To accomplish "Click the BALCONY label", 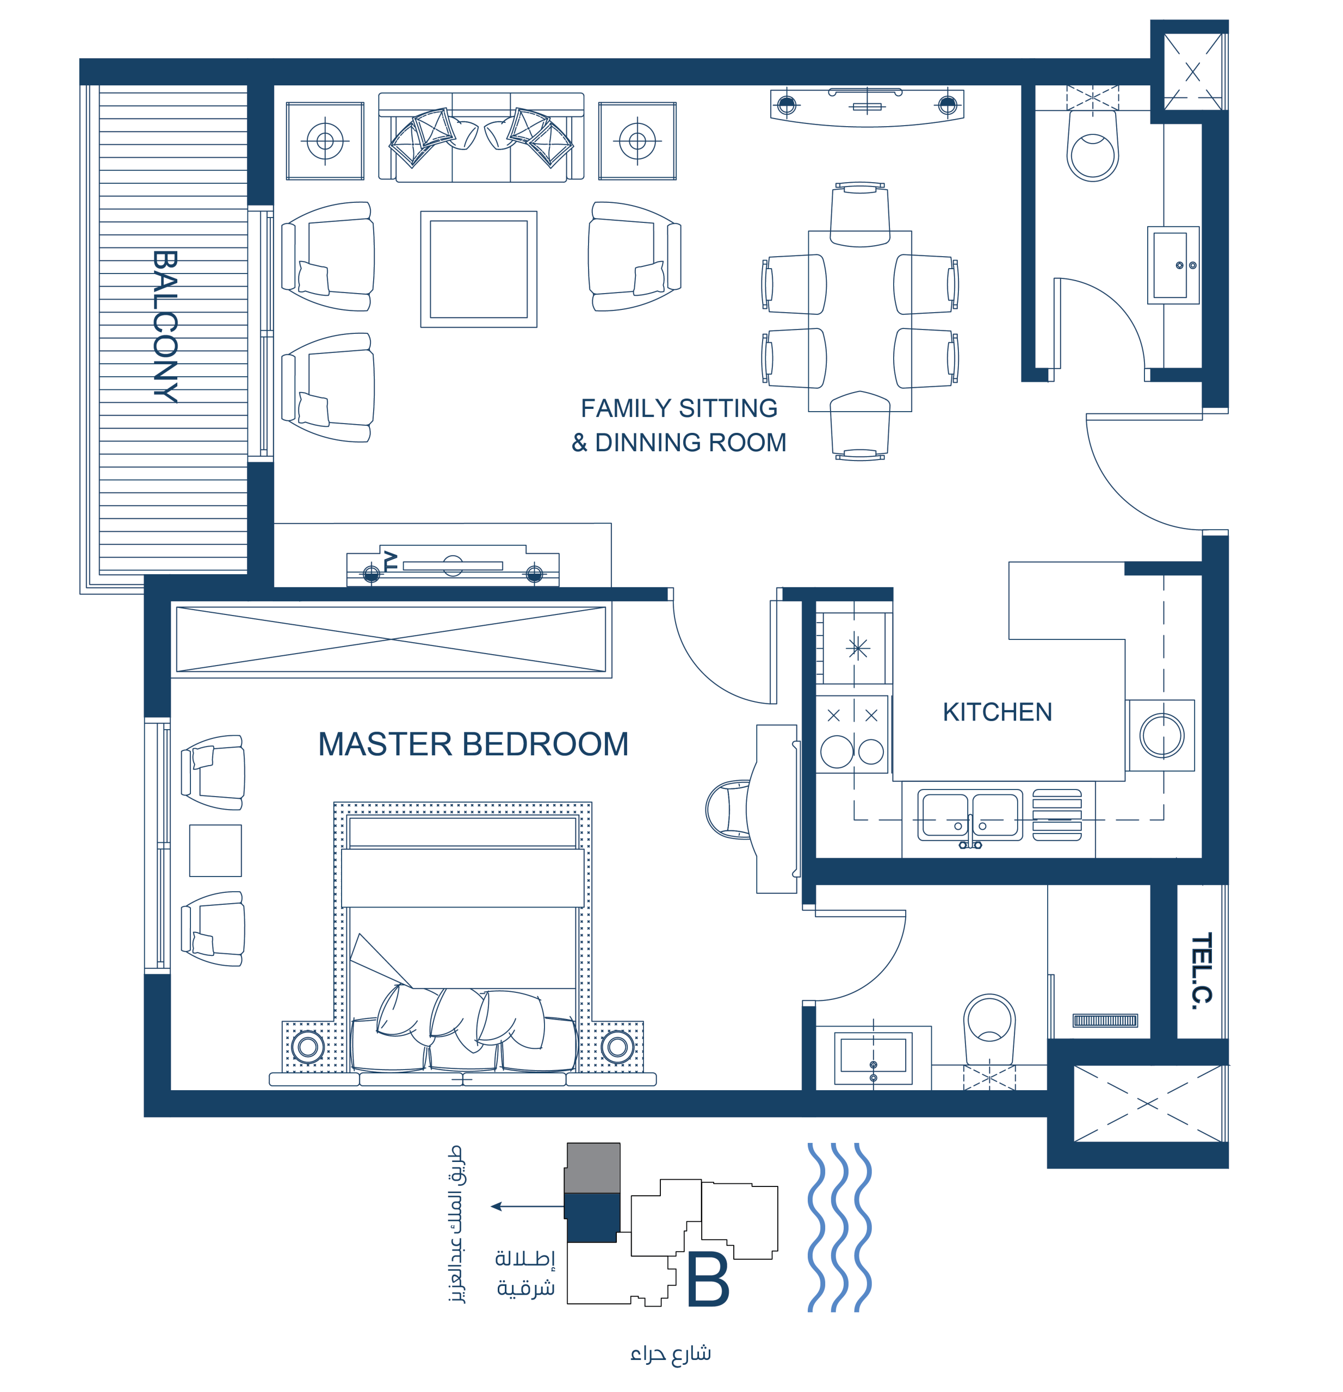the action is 165,327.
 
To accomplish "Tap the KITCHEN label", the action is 997,712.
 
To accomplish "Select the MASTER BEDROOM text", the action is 473,744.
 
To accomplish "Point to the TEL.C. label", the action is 1201,971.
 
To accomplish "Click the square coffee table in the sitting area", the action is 478,269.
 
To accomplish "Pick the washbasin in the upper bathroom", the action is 1173,265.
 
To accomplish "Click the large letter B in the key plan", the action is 708,1278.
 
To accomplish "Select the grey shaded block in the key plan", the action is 592,1167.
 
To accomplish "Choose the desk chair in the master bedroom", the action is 728,810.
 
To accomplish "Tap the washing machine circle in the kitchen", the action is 1162,735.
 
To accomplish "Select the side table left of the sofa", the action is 325,141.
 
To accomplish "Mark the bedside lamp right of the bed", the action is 617,1046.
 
